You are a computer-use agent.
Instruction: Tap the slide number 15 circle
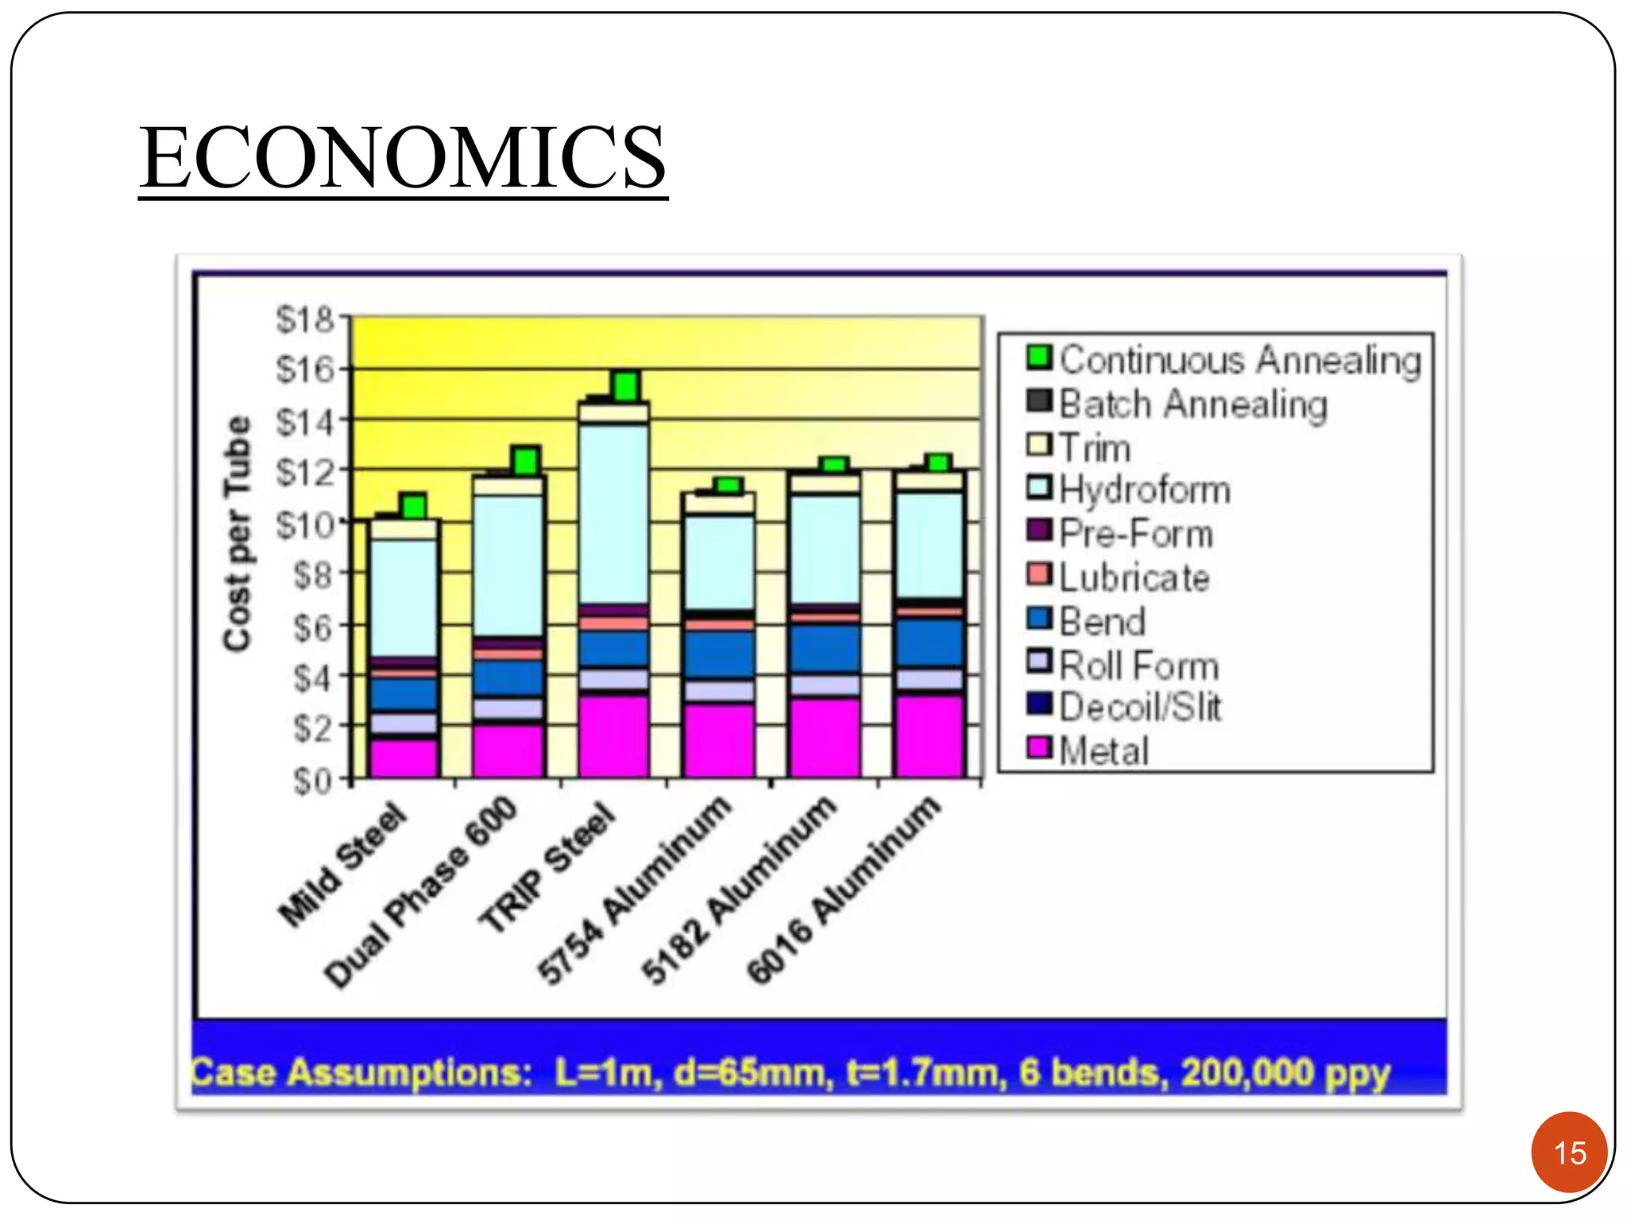(x=1569, y=1152)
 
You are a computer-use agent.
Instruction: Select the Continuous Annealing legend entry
(x=1224, y=360)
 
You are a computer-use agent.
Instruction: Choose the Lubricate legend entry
(x=1119, y=577)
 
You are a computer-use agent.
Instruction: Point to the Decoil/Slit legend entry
(x=1125, y=706)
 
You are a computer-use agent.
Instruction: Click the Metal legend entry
(x=1089, y=750)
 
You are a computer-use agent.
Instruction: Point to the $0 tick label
(x=312, y=781)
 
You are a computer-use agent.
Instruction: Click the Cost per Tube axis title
(x=238, y=534)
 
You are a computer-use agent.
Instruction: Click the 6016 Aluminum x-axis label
(x=844, y=890)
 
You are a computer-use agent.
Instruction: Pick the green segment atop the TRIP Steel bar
(x=626, y=386)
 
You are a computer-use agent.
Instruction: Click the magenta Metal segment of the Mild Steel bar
(x=404, y=759)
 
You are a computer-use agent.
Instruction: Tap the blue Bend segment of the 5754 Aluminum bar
(x=720, y=654)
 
